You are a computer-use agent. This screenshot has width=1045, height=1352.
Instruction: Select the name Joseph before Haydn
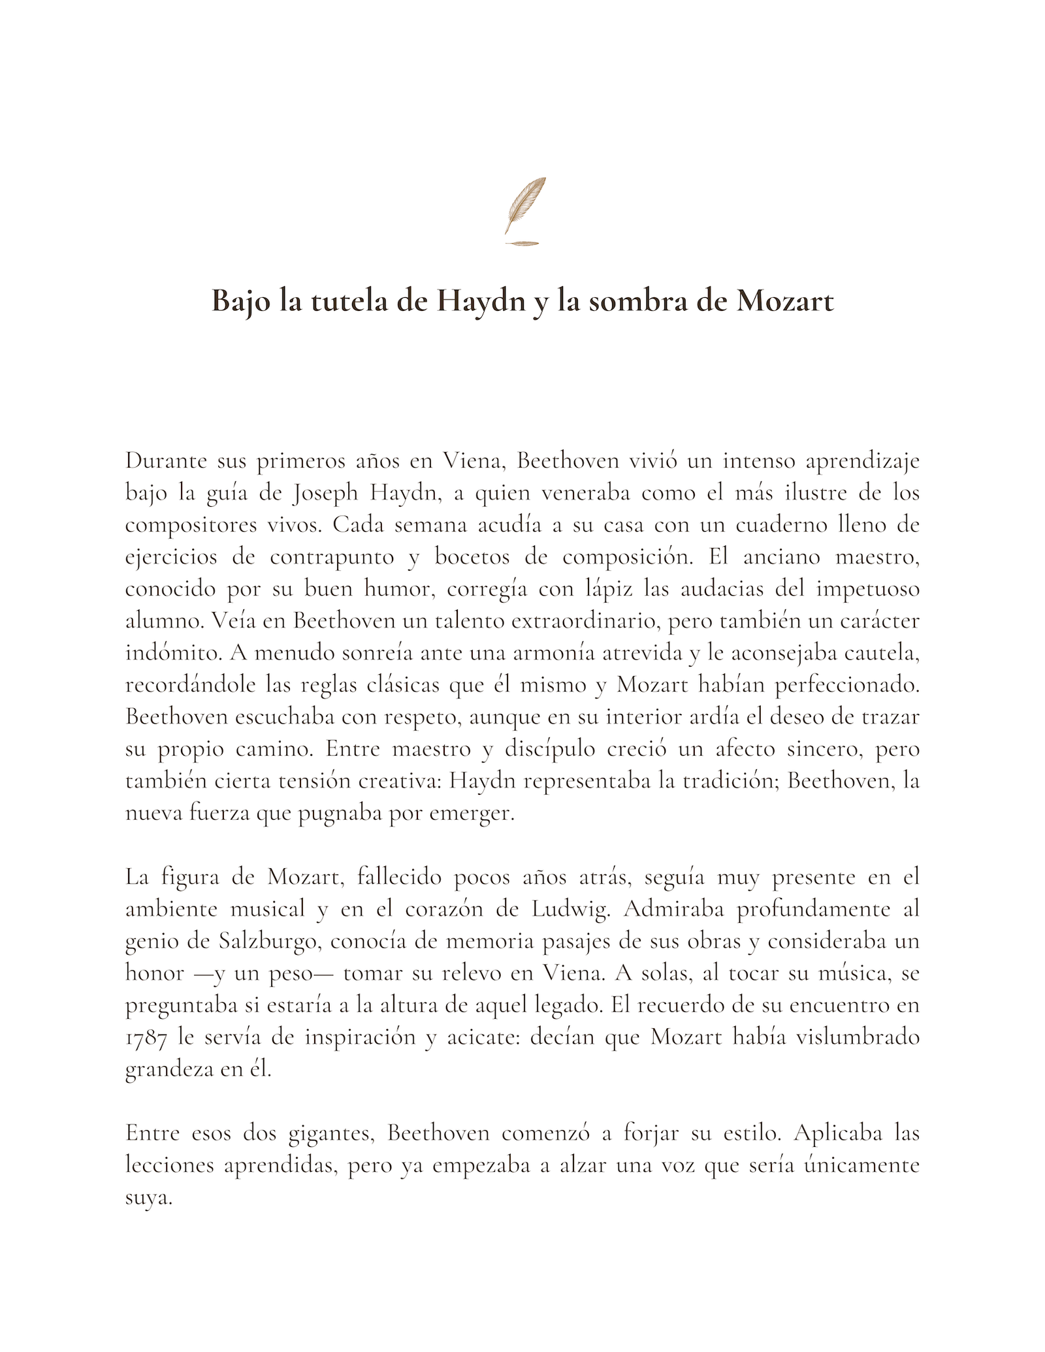(x=325, y=493)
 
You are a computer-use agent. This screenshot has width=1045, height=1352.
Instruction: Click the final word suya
(x=148, y=1198)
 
